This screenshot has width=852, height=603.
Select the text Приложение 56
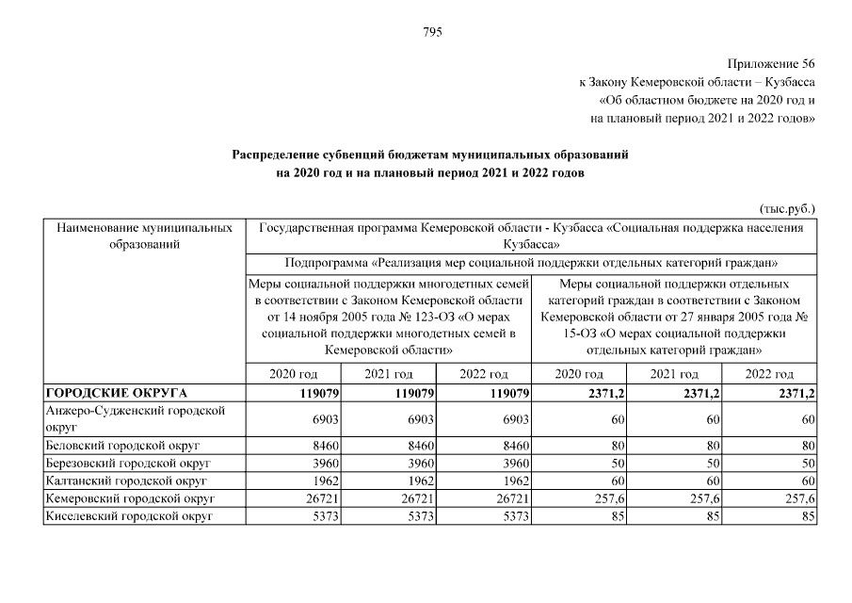point(769,64)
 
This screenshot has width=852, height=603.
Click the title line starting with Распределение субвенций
point(429,153)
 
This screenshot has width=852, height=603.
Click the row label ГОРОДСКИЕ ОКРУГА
point(117,392)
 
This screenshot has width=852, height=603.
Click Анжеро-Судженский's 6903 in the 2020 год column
point(322,418)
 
